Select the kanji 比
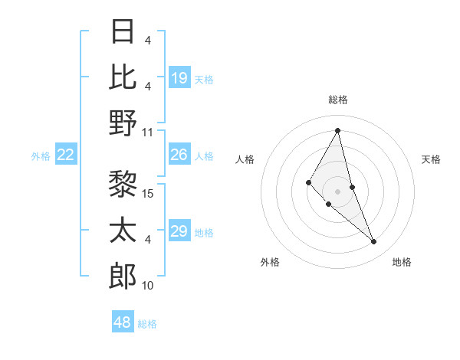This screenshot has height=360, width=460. click(x=123, y=77)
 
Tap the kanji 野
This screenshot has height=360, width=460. click(x=123, y=123)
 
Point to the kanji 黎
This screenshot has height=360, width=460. click(x=123, y=184)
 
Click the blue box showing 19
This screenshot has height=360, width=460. click(x=179, y=78)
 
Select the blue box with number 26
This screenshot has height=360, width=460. click(x=179, y=155)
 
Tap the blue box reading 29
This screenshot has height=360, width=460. click(x=179, y=232)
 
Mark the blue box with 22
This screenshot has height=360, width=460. click(x=66, y=155)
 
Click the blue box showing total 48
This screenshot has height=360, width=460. click(x=123, y=322)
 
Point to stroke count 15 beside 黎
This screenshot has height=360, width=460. click(x=149, y=193)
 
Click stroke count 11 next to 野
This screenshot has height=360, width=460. click(x=148, y=132)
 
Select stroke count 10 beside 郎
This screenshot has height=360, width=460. click(x=148, y=286)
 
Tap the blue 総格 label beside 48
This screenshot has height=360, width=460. click(x=147, y=324)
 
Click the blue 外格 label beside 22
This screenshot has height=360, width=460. click(x=41, y=156)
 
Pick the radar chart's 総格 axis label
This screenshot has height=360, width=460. click(x=338, y=100)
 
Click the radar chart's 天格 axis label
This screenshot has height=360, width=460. click(x=431, y=159)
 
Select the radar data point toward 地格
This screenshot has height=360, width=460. click(x=373, y=242)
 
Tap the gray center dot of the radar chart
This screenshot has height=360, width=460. click(x=337, y=191)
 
